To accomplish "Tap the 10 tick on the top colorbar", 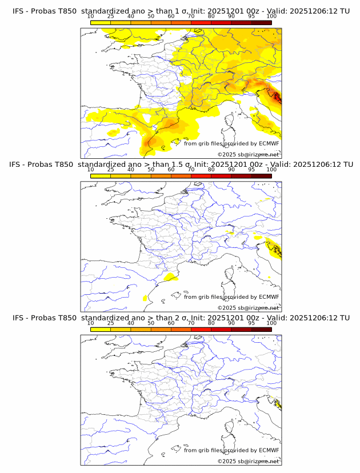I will pyautogui.click(x=91, y=17).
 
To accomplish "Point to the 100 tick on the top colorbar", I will pyautogui.click(x=271, y=17).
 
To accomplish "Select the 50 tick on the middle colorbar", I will pyautogui.click(x=151, y=170).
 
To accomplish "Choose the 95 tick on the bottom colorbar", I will pyautogui.click(x=251, y=323).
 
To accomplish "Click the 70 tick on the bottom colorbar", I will pyautogui.click(x=191, y=323).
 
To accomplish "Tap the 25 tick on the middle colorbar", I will pyautogui.click(x=111, y=170).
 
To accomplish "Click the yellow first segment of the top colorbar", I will pyautogui.click(x=101, y=22).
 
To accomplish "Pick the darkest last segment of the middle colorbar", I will pyautogui.click(x=261, y=176).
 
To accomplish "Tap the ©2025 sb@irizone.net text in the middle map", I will pyautogui.click(x=248, y=307).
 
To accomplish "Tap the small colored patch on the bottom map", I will pyautogui.click(x=278, y=406).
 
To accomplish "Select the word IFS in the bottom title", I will pyautogui.click(x=18, y=318).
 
